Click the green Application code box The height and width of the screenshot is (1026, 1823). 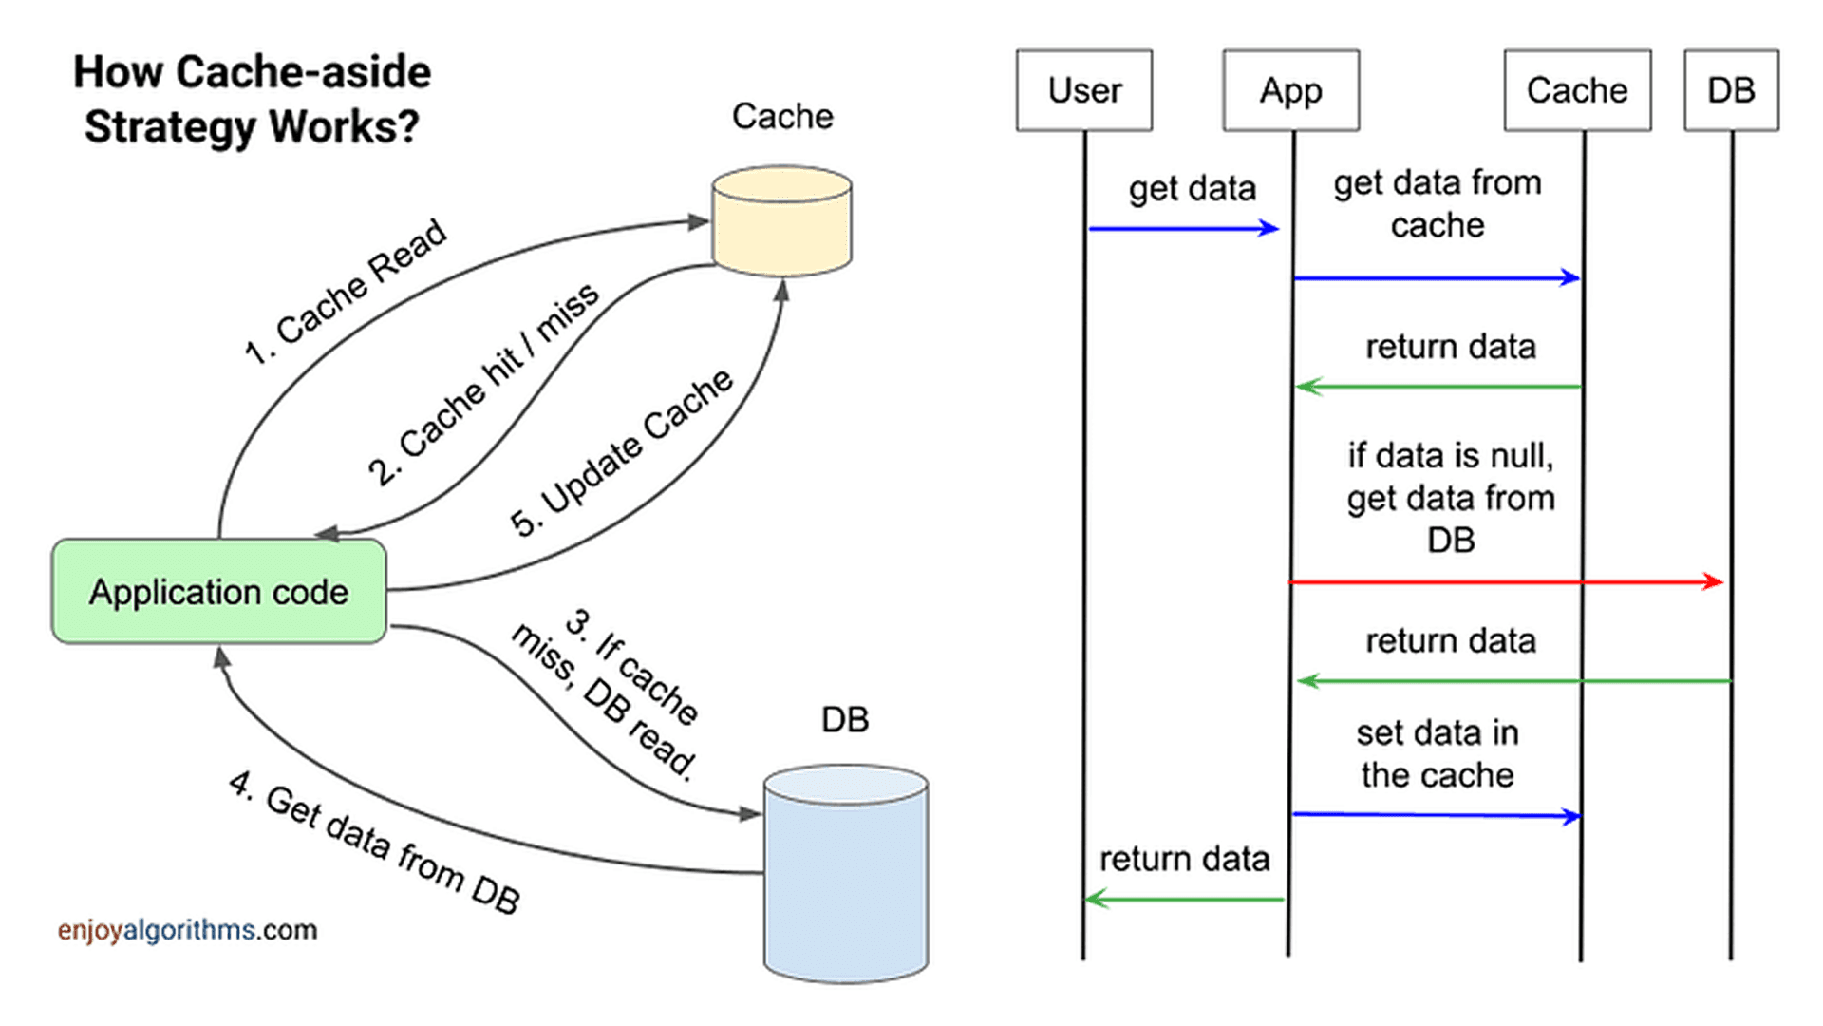pyautogui.click(x=218, y=592)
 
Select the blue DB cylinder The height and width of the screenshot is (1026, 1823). pyautogui.click(x=845, y=874)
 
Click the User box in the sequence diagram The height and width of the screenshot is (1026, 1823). pyautogui.click(x=1083, y=90)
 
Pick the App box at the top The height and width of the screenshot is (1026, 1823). pyautogui.click(x=1290, y=90)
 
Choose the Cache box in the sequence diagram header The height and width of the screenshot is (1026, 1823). pyautogui.click(x=1576, y=90)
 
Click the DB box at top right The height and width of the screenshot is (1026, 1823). pyautogui.click(x=1731, y=90)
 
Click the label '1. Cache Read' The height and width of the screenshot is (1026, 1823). pyautogui.click(x=347, y=291)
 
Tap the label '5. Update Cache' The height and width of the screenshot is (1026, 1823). pyautogui.click(x=622, y=453)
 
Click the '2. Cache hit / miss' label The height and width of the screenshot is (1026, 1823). pyautogui.click(x=484, y=384)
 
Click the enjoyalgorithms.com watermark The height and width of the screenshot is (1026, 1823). pyautogui.click(x=187, y=929)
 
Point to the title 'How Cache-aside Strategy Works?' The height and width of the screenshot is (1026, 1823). pyautogui.click(x=252, y=99)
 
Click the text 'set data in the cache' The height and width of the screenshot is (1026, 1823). pyautogui.click(x=1437, y=753)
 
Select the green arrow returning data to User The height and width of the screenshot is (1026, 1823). pyautogui.click(x=1184, y=899)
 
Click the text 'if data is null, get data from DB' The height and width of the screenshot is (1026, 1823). pyautogui.click(x=1450, y=497)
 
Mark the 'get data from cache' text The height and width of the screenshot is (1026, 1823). pyautogui.click(x=1437, y=203)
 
